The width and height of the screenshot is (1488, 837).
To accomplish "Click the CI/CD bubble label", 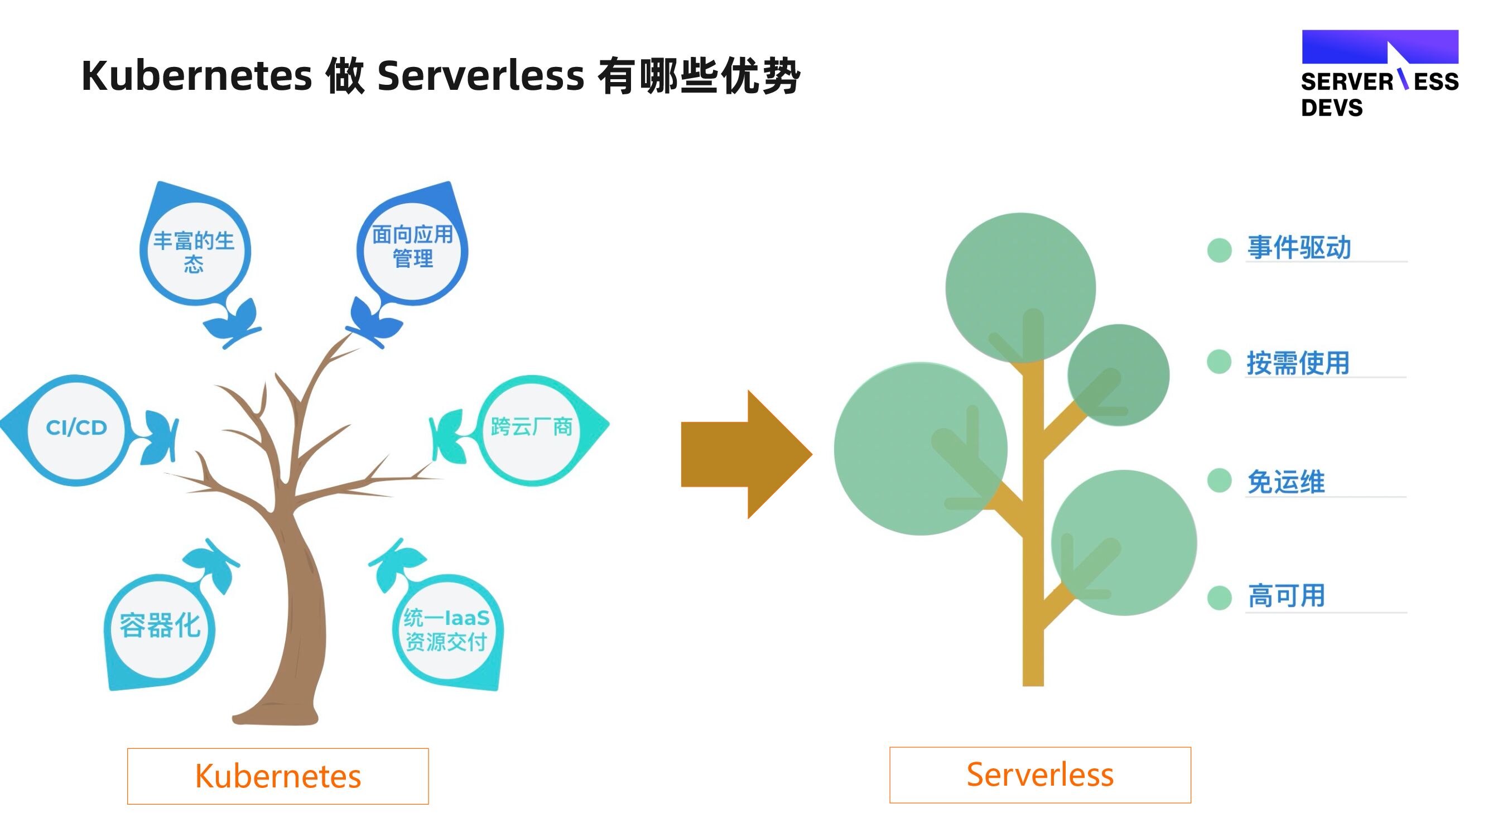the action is click(76, 427).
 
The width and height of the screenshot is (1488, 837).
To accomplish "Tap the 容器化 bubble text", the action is click(160, 625).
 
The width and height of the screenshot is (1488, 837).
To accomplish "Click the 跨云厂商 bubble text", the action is click(531, 427).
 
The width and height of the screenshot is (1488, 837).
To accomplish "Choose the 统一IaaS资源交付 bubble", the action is click(446, 629).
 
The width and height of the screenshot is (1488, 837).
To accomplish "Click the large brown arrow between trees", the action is click(747, 454).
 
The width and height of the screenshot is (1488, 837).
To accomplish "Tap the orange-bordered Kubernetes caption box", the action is click(278, 776).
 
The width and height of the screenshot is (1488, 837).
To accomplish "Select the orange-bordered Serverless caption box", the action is click(1040, 775).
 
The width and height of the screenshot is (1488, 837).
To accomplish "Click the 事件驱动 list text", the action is click(1299, 248).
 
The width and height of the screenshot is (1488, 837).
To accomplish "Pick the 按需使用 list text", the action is click(1298, 363).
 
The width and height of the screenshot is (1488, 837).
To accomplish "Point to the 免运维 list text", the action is click(1286, 482).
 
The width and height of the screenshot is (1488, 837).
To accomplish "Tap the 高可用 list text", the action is click(1287, 595).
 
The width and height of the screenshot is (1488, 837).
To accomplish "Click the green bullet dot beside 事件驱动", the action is click(1220, 250).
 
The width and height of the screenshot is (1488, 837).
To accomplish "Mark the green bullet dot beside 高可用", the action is click(1220, 597).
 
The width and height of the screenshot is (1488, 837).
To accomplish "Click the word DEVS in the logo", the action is click(1331, 108).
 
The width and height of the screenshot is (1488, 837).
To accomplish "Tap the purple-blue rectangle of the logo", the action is click(1380, 47).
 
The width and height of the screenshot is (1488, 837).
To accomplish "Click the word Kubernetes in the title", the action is click(197, 76).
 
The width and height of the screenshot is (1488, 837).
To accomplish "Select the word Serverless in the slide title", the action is click(480, 76).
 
